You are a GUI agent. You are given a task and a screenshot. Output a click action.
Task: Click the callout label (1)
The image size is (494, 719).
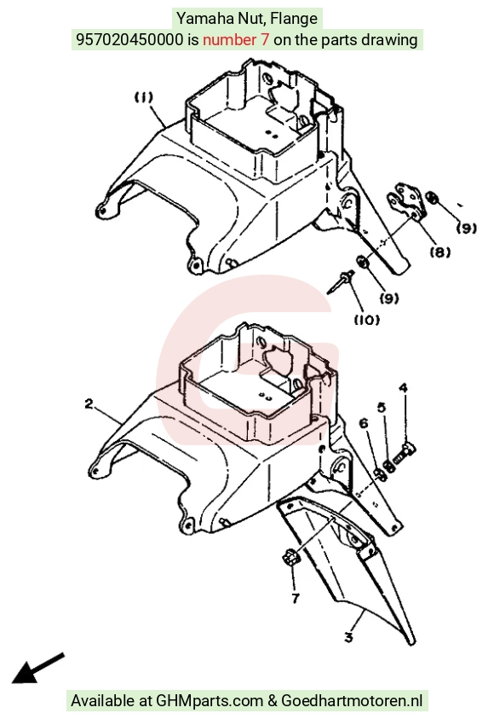pos(143,97)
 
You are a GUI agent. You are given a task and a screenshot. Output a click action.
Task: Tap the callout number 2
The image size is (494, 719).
pos(89,404)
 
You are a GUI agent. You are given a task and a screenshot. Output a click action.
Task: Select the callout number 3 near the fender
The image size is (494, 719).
pos(349,637)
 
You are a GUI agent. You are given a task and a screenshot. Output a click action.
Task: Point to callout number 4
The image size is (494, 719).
pos(403,388)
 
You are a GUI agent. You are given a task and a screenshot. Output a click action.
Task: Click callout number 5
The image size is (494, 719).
pos(382,407)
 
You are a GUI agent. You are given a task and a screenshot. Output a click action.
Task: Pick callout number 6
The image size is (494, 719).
pos(364,423)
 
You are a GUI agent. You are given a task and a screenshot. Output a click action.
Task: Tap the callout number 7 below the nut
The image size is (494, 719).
pos(296,598)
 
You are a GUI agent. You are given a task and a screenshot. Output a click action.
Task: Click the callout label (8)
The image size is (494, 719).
pos(440,252)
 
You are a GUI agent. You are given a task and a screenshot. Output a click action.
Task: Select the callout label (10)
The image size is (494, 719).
pos(367,320)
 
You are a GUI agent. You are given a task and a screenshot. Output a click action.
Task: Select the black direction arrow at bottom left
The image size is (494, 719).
pos(37,668)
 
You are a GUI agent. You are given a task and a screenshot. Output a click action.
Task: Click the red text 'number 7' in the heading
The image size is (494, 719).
pos(236,39)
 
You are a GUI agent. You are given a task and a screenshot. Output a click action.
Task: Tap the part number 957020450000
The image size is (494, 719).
pos(129,39)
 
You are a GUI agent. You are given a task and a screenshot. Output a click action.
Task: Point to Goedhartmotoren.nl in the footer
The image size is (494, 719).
pos(352,700)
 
